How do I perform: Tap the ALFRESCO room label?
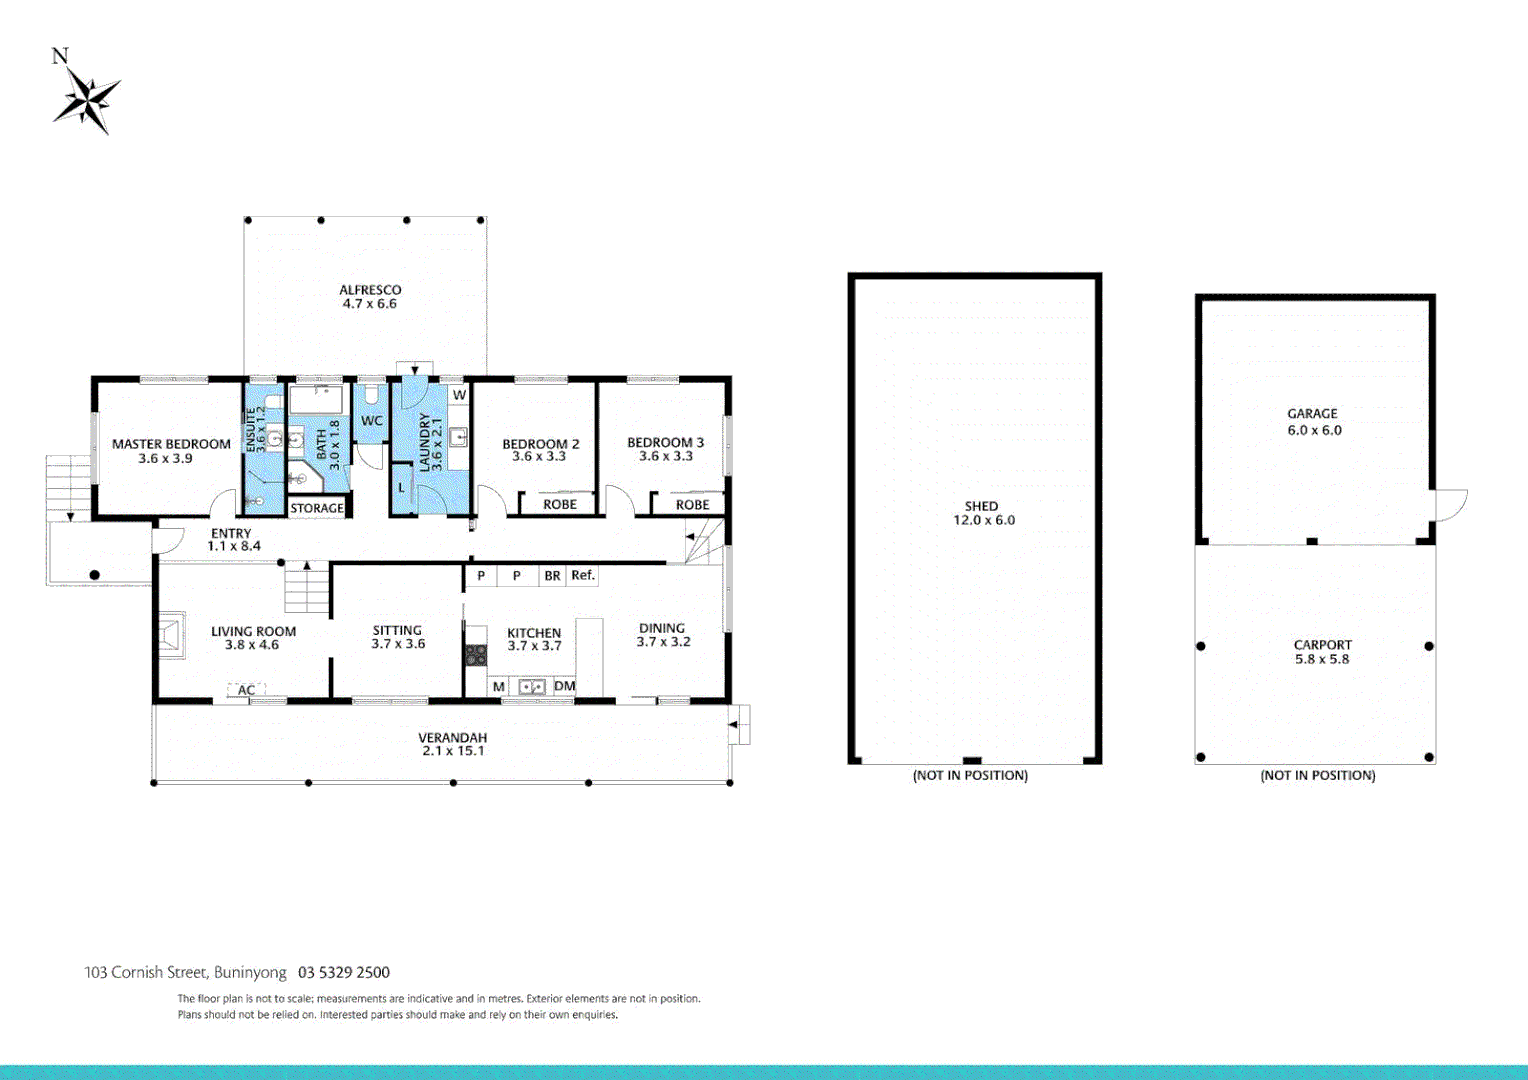pos(370,290)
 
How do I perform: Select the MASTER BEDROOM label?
pos(171,444)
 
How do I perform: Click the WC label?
pos(372,421)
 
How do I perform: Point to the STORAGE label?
pos(317,508)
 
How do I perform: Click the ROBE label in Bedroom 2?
pos(560,504)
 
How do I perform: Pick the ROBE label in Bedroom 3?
pos(692,504)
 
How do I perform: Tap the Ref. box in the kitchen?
pos(583,575)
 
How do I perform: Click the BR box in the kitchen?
pos(552,576)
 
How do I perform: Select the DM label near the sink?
pos(564,686)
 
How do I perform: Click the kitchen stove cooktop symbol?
pos(476,655)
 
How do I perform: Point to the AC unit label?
pos(246,690)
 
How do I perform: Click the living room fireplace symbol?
pos(169,635)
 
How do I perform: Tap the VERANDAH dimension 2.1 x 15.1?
pos(453,751)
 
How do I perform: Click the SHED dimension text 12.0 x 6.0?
pos(983,520)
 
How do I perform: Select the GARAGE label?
pos(1312,413)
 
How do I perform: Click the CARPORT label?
pos(1322,645)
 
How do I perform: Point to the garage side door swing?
pos(1451,505)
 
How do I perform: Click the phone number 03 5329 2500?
pos(344,972)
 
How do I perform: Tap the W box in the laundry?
pos(459,395)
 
